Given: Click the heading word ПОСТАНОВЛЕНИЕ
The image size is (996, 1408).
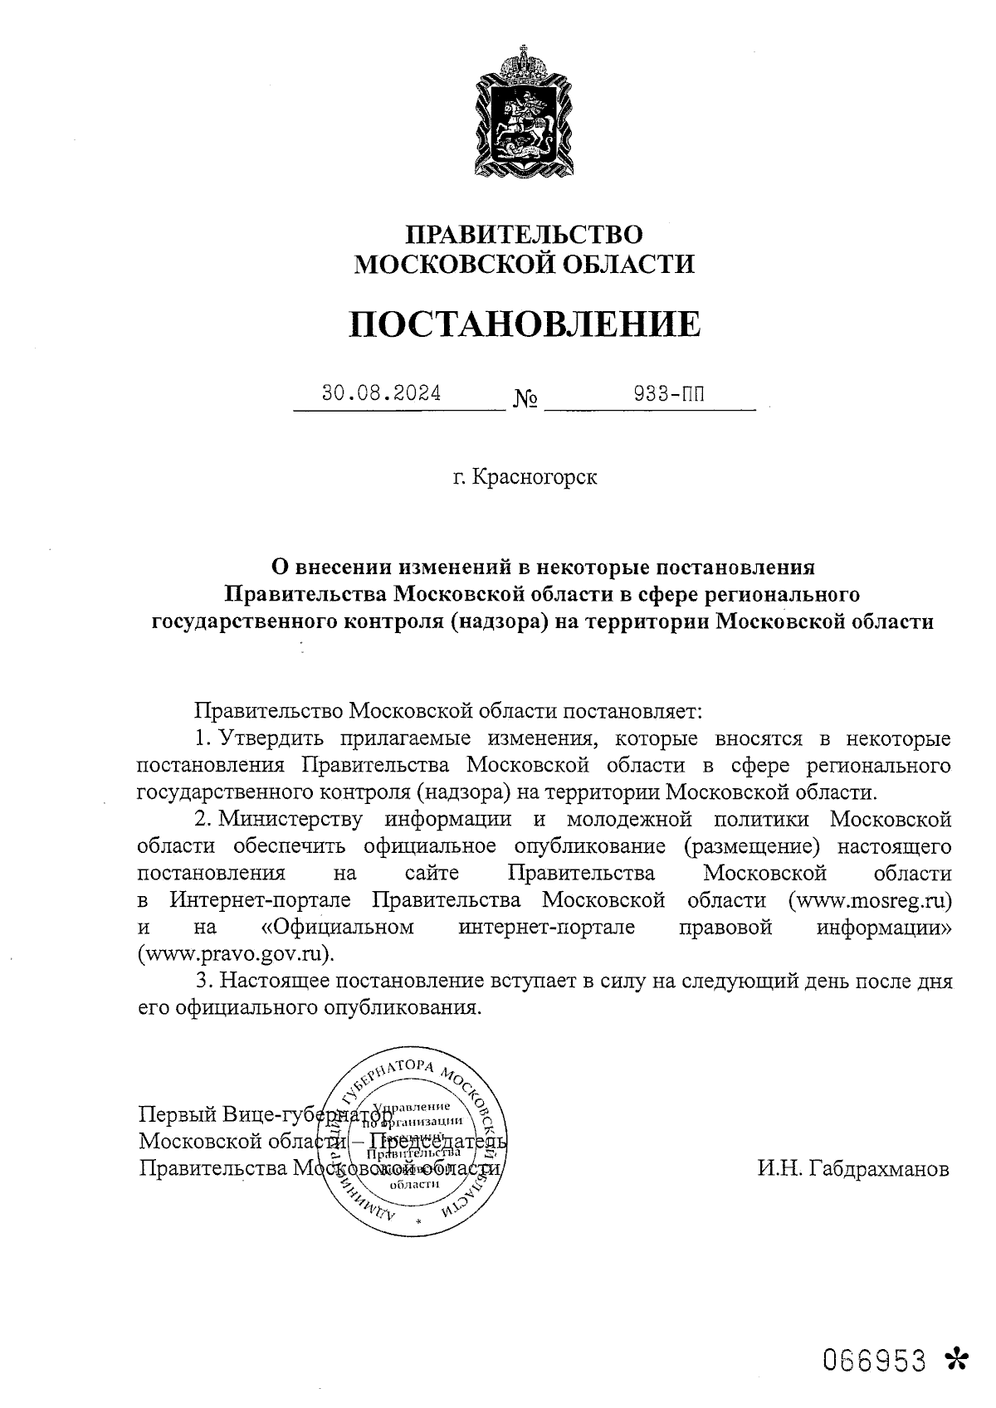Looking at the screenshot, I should [524, 324].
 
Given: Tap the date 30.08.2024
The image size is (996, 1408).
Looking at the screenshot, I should [382, 393].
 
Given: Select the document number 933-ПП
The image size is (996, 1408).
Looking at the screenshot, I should [668, 393].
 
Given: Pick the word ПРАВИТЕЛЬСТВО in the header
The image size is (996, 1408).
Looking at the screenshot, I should [523, 234].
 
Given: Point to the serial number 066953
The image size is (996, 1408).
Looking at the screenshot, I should [874, 1360].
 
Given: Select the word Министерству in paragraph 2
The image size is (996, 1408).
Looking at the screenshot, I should [291, 820].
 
